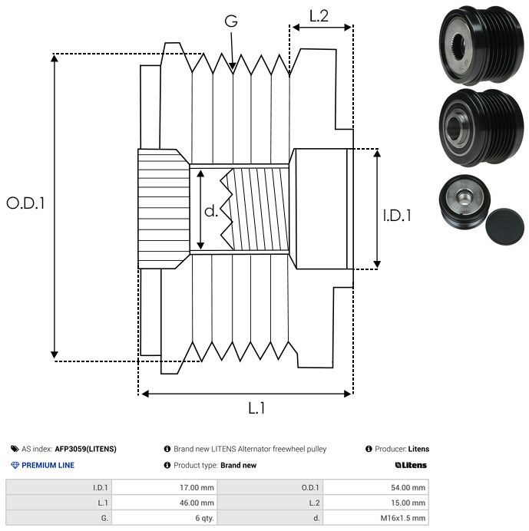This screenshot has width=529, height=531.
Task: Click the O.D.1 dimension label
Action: coord(26,203)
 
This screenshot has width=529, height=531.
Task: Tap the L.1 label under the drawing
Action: coord(256,408)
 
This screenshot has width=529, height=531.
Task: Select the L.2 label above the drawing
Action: coord(319,16)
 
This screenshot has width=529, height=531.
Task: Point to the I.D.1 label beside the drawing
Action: coord(397,216)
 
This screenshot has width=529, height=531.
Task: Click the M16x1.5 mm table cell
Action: coord(404,518)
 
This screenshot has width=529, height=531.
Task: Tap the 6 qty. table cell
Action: coord(203,518)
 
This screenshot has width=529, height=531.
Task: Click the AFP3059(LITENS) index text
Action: coord(85,449)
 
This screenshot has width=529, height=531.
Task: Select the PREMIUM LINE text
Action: coord(48,465)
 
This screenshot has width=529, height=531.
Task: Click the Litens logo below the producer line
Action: coord(411,465)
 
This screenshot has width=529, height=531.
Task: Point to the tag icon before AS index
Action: coord(15,449)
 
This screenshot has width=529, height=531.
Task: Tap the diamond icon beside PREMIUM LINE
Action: coord(15,465)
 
